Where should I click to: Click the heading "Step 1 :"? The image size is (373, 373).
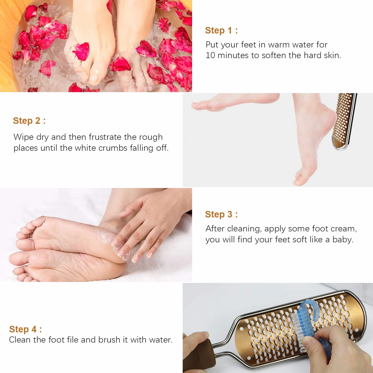tap(221, 30)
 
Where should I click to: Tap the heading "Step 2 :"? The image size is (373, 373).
tap(29, 121)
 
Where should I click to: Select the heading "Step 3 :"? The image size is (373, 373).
tap(221, 214)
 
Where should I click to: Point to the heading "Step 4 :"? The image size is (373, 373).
tap(25, 329)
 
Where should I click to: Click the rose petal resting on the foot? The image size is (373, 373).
tap(81, 51)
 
